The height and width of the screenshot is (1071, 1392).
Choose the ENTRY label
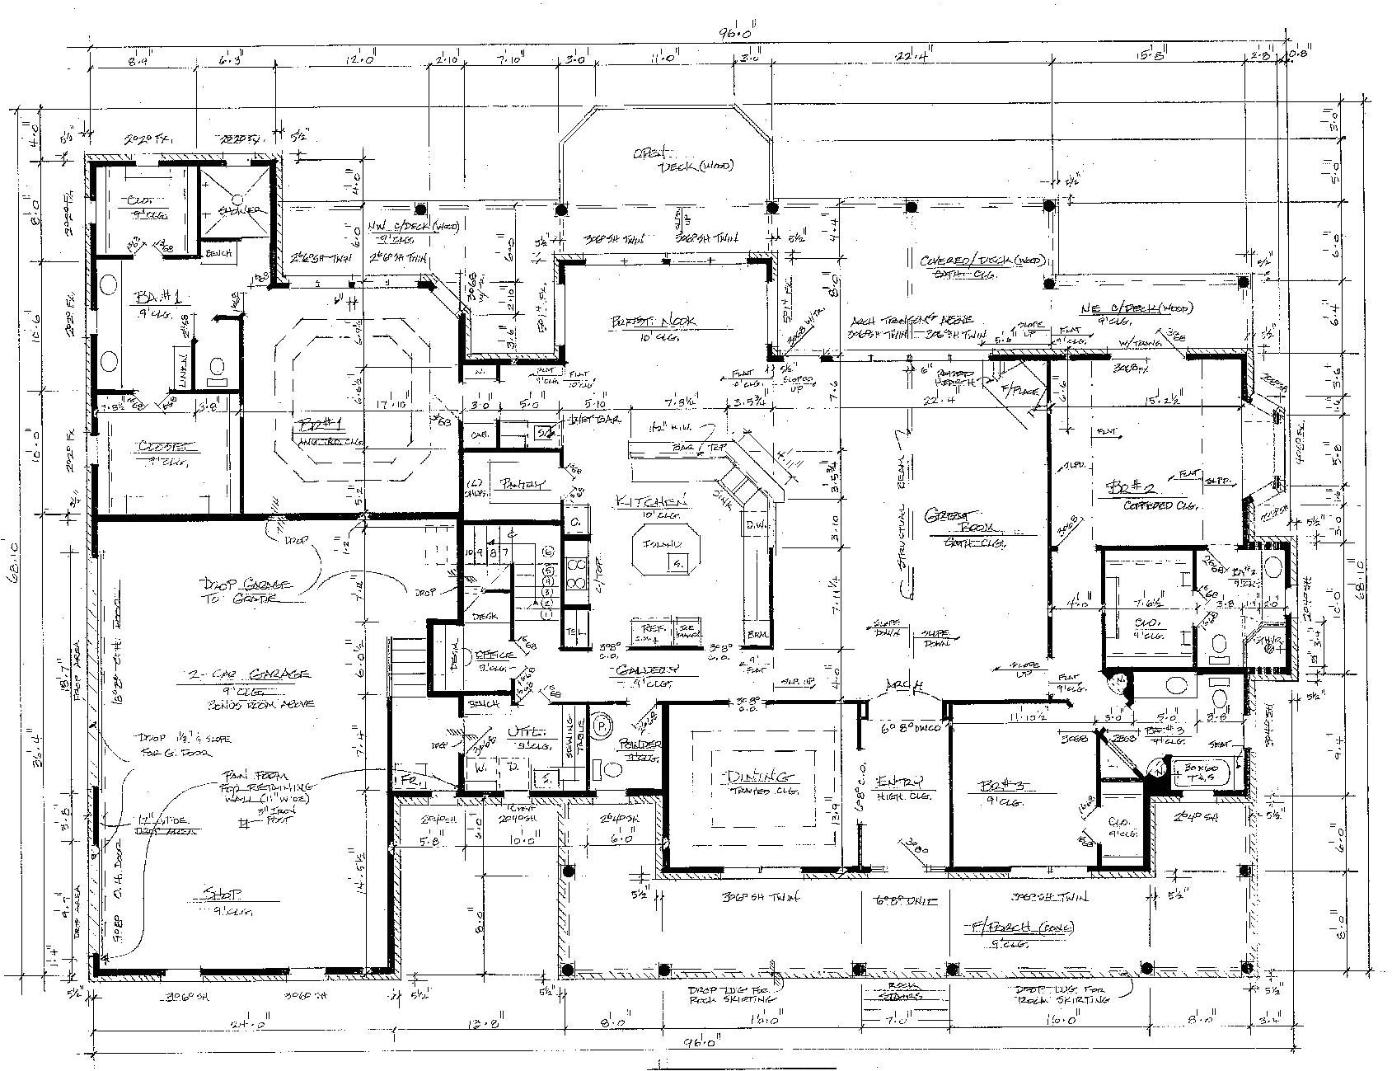pyautogui.click(x=901, y=781)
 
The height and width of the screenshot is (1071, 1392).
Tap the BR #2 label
pyautogui.click(x=1122, y=492)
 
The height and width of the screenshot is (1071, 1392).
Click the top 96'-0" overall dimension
pyautogui.click(x=735, y=35)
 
